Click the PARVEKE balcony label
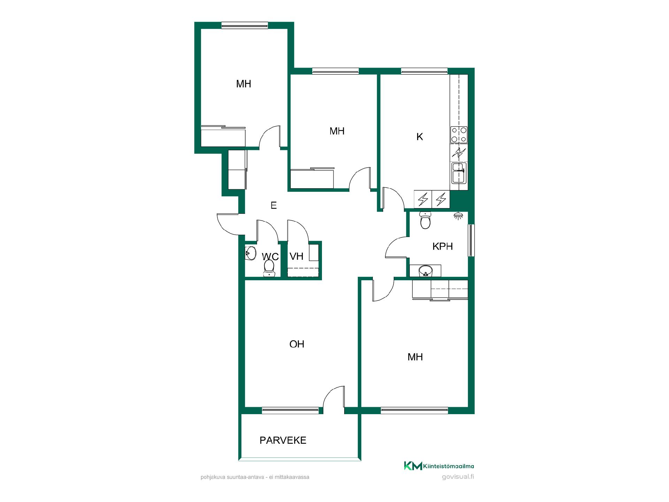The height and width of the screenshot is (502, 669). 283,440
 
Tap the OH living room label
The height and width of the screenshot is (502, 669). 297,344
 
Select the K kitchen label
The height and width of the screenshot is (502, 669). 420,137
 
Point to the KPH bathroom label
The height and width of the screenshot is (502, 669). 443,246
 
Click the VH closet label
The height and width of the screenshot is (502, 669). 297,257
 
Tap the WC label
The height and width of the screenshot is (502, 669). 270,257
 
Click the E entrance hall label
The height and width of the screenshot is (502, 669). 274,206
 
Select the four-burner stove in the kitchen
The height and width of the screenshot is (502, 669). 459,135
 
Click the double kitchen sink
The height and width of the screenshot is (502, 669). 459,173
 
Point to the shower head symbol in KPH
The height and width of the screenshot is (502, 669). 459,216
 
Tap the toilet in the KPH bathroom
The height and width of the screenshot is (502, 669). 425,220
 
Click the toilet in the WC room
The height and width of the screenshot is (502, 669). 269,269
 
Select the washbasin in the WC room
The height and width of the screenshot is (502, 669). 251,253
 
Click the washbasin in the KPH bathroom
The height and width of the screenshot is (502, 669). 425,271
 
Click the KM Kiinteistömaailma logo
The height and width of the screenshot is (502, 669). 439,466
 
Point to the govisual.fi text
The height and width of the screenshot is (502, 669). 458,477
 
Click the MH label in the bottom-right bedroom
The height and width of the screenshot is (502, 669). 415,357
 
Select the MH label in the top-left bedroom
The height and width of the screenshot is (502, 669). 244,84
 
